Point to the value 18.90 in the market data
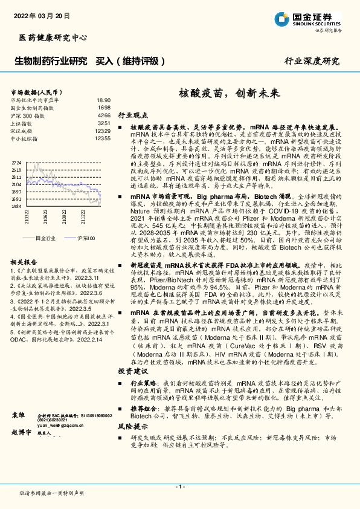[x=103, y=100]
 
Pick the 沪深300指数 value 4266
[x=104, y=115]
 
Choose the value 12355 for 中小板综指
[x=103, y=138]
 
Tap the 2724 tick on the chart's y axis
[x=16, y=163]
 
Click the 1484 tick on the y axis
[x=16, y=206]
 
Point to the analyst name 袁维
[x=19, y=417]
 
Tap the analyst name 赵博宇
[x=22, y=433]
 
